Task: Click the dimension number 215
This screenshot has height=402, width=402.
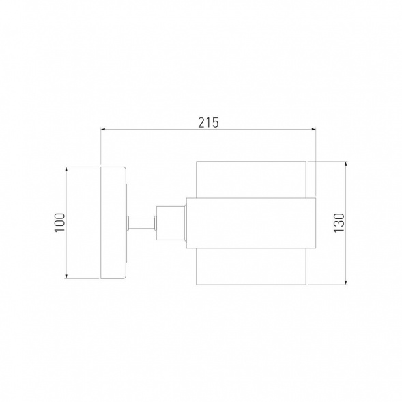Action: (208, 123)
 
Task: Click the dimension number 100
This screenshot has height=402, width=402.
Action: (60, 222)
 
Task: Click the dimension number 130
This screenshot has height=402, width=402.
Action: (339, 222)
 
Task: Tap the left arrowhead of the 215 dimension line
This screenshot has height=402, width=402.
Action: (103, 129)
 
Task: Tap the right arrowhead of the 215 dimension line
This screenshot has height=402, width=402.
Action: (313, 129)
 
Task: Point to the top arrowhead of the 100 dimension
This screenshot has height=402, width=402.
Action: (66, 169)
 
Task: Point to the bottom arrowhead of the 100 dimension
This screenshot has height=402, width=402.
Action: (66, 276)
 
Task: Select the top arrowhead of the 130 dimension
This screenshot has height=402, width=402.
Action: (346, 164)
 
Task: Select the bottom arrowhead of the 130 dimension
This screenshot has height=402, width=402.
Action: (346, 282)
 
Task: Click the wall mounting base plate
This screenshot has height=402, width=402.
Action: (113, 222)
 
